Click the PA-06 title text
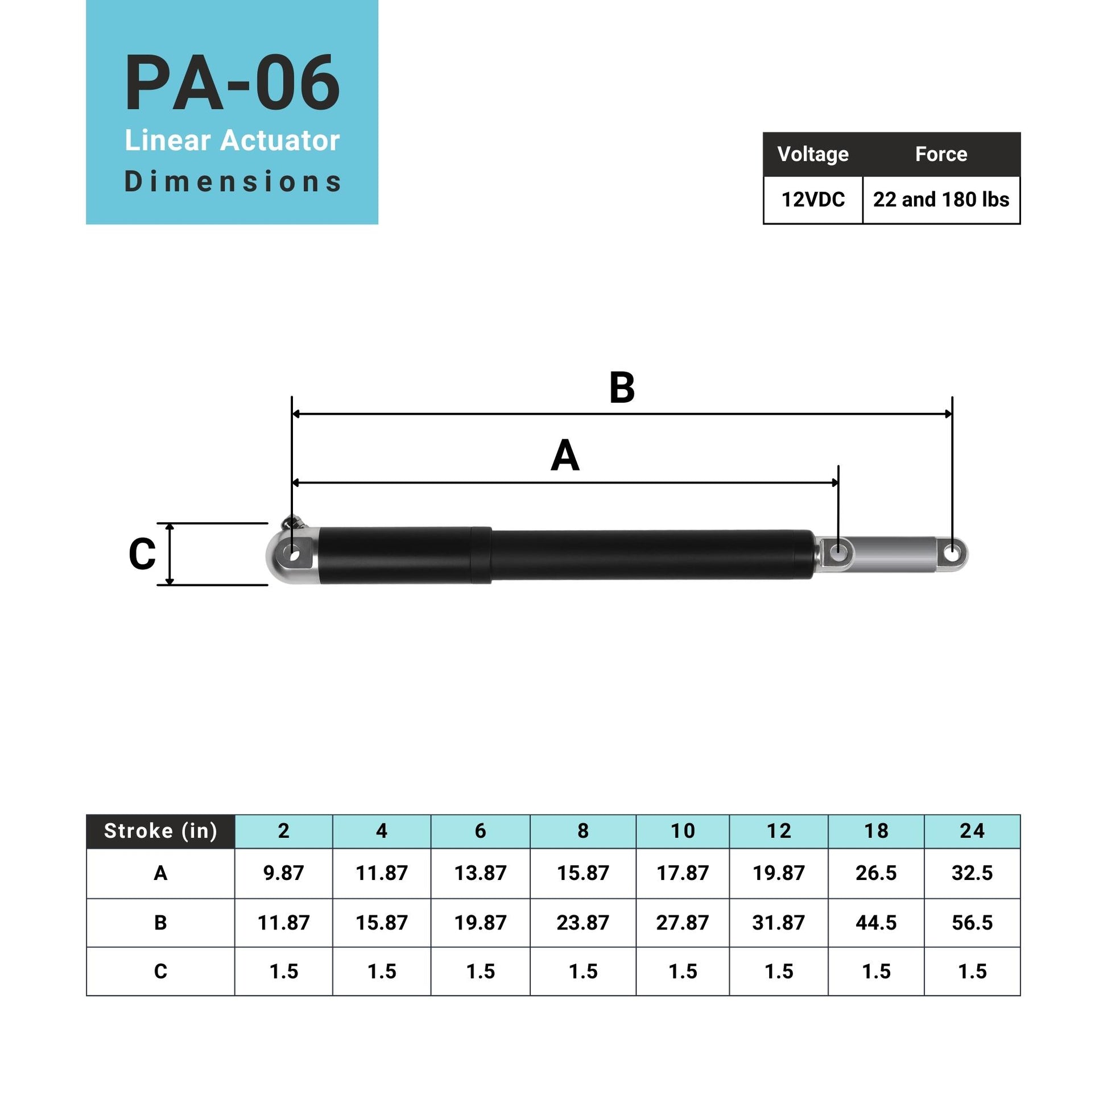point(232,83)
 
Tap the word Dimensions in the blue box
point(232,181)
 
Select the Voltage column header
point(812,154)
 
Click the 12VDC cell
point(812,200)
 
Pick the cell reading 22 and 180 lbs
point(940,200)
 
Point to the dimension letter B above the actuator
point(622,388)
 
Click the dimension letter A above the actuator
point(565,456)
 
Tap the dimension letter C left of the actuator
point(142,554)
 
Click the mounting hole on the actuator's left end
point(294,555)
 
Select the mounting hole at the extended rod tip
point(951,554)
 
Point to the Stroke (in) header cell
point(160,831)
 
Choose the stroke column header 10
point(682,831)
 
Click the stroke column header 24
point(972,831)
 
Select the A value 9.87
point(283,873)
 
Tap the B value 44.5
point(875,923)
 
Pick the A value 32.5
point(972,873)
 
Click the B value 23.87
point(582,923)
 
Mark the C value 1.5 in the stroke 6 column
point(480,971)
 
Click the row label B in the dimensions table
point(160,923)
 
